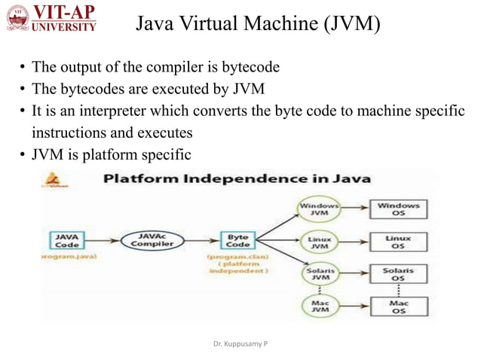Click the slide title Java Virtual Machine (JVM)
pos(258,25)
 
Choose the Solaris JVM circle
pos(320,275)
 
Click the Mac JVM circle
pos(320,307)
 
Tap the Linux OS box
pos(399,242)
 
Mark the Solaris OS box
pos(399,274)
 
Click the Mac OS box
pos(399,307)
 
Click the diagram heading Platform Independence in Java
pos(237,179)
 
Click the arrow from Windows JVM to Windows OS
pos(354,206)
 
